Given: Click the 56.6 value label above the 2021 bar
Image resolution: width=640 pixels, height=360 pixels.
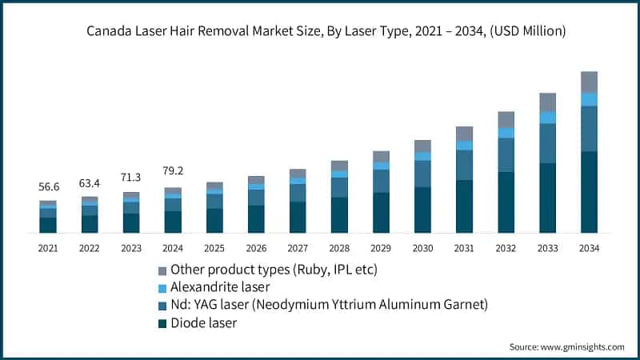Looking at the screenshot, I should [48, 186].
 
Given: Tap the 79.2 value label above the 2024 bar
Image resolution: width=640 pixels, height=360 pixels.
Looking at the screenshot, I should [173, 170].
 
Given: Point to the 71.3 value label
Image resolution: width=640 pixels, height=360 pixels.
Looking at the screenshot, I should [131, 177].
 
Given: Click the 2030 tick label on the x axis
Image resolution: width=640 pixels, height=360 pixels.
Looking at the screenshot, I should [422, 249].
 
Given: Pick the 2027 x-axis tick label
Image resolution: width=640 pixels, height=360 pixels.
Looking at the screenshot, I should [298, 249].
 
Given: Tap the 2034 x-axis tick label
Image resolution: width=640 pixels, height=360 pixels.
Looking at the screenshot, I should [589, 249].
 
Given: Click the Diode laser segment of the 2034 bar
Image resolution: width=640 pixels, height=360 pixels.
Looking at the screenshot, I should [589, 192].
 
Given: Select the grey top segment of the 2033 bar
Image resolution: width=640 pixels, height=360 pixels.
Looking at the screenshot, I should [547, 102].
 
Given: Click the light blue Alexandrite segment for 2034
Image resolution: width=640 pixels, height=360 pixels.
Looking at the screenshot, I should [589, 99].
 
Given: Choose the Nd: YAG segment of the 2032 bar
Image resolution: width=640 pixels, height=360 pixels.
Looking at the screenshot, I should [506, 155].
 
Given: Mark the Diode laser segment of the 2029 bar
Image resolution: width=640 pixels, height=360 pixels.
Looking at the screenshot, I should [381, 213].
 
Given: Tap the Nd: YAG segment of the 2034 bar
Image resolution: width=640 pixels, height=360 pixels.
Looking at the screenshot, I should [589, 129].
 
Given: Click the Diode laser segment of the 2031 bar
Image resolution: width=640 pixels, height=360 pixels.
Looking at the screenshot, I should [464, 206].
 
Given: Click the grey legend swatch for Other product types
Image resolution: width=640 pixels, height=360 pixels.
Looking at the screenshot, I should [163, 270].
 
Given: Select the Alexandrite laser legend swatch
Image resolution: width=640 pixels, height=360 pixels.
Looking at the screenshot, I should [163, 287].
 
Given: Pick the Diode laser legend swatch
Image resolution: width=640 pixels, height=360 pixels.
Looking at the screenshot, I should [163, 323].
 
